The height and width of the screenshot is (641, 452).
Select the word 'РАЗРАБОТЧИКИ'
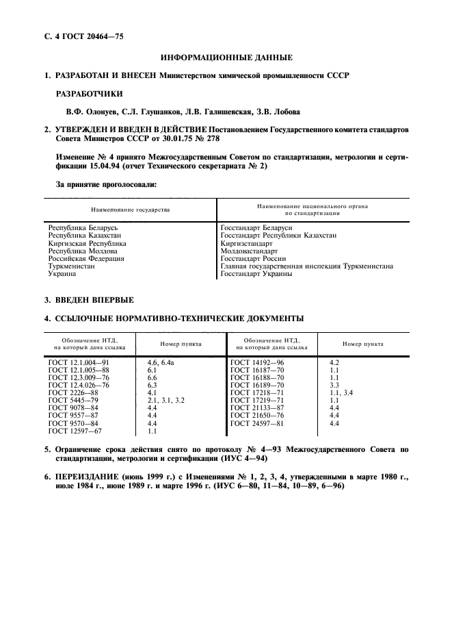coord(86,93)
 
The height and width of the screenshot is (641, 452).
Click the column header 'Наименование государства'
coord(130,210)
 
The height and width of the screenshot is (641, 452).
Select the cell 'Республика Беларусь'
coord(83,227)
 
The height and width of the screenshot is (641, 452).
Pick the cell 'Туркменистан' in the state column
coord(72,266)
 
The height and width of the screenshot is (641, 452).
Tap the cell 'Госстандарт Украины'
coord(256,274)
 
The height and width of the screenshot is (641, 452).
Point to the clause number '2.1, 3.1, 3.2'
coord(166,399)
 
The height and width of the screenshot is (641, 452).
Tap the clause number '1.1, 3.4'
coord(342,392)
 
